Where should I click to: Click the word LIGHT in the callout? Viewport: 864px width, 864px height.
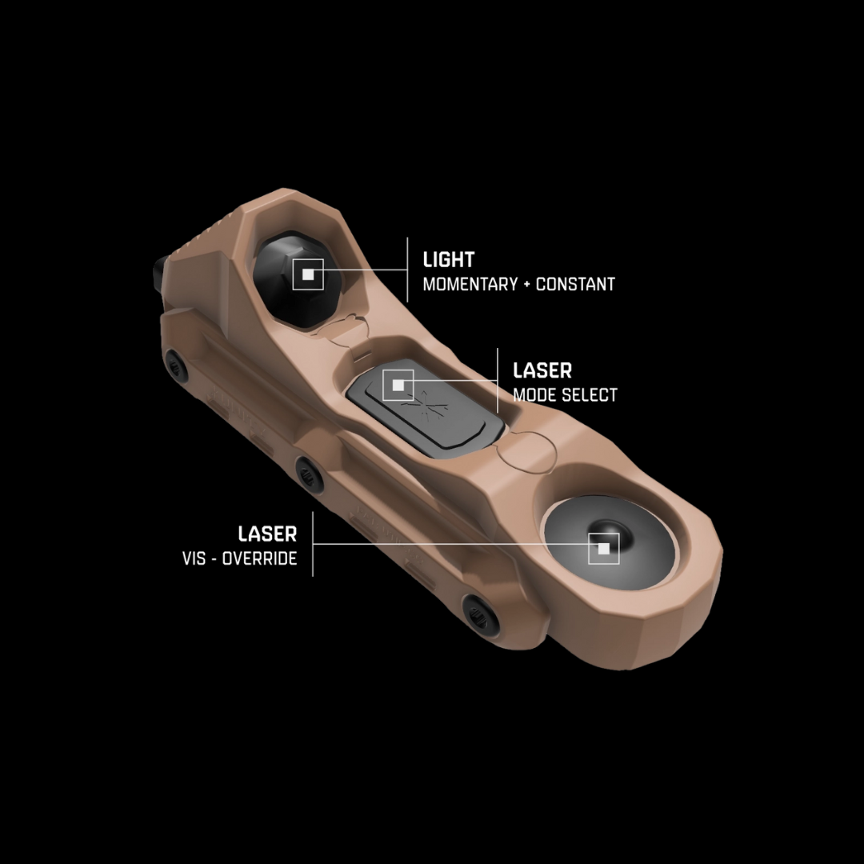tap(448, 260)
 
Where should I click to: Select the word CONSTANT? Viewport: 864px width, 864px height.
tap(575, 284)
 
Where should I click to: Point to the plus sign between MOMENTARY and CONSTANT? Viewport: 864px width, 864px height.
tap(526, 284)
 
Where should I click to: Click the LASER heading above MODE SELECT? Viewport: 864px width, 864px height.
tap(542, 370)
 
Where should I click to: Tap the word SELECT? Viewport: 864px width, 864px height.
tap(589, 394)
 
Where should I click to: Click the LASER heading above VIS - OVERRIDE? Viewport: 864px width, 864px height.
tap(267, 534)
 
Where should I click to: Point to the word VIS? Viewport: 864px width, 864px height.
tap(194, 558)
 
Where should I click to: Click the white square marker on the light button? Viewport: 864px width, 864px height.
tap(308, 274)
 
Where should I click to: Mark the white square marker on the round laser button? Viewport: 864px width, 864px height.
tap(603, 549)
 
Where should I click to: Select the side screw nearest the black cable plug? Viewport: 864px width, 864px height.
tap(176, 365)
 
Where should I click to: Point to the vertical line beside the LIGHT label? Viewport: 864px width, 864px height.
tap(407, 270)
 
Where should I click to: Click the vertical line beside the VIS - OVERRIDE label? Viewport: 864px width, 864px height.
tap(313, 544)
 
